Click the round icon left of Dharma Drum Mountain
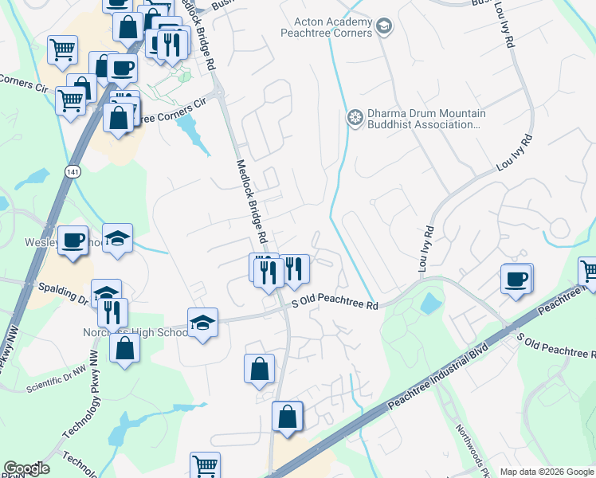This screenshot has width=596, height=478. coord(355,119)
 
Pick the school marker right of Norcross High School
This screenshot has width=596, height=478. coord(202,323)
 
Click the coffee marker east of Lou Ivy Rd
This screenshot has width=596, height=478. coord(516,279)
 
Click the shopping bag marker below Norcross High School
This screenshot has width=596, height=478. coord(125,347)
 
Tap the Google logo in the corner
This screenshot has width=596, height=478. coord(26,468)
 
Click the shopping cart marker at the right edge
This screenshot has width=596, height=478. coord(588,271)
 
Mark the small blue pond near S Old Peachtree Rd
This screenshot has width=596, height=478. coord(430,303)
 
